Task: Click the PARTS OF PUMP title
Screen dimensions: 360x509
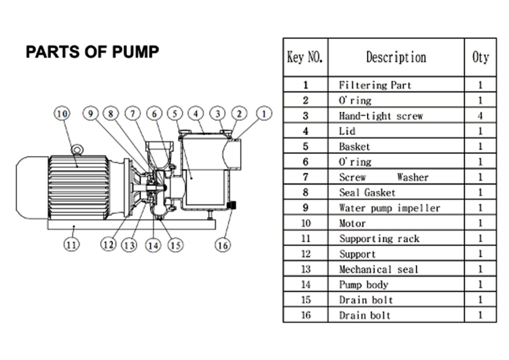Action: click(x=92, y=52)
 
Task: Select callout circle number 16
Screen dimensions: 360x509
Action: click(x=222, y=244)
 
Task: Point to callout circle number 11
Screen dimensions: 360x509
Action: click(x=71, y=244)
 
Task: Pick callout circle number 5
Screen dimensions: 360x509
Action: click(x=175, y=113)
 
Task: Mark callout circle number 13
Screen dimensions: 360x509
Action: click(x=129, y=244)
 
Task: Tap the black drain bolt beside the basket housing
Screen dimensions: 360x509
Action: click(x=231, y=206)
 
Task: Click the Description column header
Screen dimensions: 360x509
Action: click(x=396, y=57)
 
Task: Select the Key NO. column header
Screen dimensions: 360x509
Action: click(x=305, y=57)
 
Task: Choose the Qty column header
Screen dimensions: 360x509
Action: click(x=480, y=57)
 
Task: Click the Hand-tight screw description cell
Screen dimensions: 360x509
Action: click(x=380, y=116)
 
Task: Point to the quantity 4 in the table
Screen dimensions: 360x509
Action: click(x=480, y=116)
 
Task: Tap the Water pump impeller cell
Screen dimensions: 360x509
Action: click(x=389, y=208)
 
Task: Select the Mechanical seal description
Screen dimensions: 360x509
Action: click(x=378, y=269)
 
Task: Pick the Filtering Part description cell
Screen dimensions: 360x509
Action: click(x=374, y=85)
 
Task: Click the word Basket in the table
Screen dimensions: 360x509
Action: click(x=354, y=146)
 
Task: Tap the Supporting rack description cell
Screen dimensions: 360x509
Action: click(x=378, y=239)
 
